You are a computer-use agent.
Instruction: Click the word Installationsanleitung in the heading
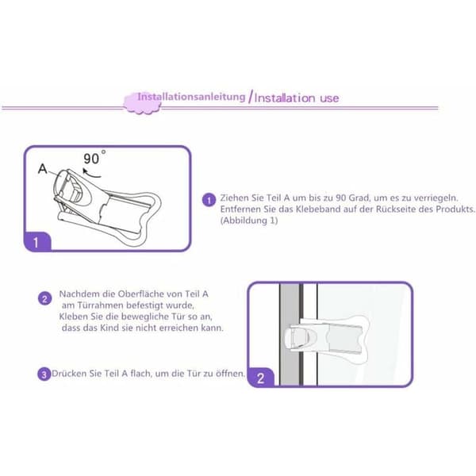191,97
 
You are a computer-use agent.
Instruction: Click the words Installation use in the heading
297,98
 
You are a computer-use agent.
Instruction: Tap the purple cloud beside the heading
142,103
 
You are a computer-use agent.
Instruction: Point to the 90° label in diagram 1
94,158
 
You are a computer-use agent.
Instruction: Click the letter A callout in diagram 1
43,168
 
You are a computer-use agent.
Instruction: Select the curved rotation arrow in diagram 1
90,173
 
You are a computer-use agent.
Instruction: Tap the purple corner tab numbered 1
37,242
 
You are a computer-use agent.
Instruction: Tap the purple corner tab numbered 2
261,378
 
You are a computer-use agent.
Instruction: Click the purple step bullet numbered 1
209,200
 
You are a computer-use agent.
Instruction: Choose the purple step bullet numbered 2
45,299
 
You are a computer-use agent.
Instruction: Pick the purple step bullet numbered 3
44,374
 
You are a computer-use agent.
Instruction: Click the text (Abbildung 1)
249,220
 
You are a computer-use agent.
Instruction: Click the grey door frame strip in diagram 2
290,334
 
